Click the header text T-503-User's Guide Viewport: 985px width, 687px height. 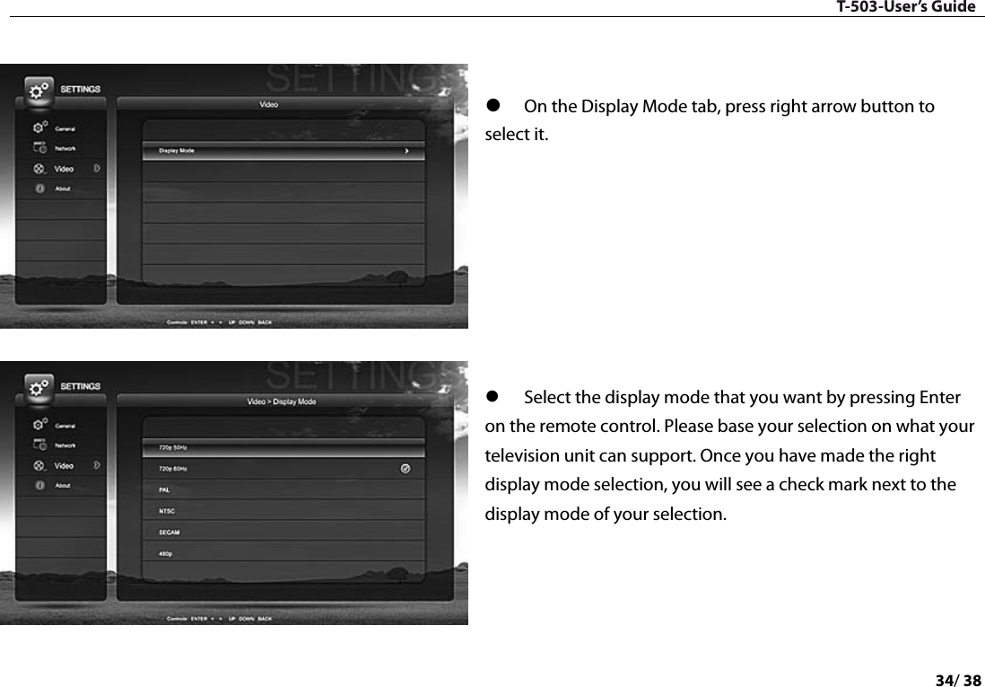tap(905, 7)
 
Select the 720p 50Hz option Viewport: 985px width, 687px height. tap(173, 446)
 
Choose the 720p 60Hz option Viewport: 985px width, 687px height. tap(173, 468)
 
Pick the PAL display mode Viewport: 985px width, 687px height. tap(164, 489)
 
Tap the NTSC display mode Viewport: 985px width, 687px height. tap(166, 511)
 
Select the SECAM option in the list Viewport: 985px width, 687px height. tap(169, 533)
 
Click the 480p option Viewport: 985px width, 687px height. tap(165, 554)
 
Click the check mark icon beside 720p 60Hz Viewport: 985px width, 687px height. tap(405, 468)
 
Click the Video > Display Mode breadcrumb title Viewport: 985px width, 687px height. tap(281, 401)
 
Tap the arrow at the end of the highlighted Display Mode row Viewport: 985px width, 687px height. tap(407, 151)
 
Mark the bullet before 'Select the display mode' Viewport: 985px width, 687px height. tap(492, 397)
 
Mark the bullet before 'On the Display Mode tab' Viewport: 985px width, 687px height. tap(492, 107)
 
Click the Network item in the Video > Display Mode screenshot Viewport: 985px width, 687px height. tap(65, 445)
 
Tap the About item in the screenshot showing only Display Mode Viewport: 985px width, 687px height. tap(62, 189)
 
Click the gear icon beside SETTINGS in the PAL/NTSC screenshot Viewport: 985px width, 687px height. tap(39, 388)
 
